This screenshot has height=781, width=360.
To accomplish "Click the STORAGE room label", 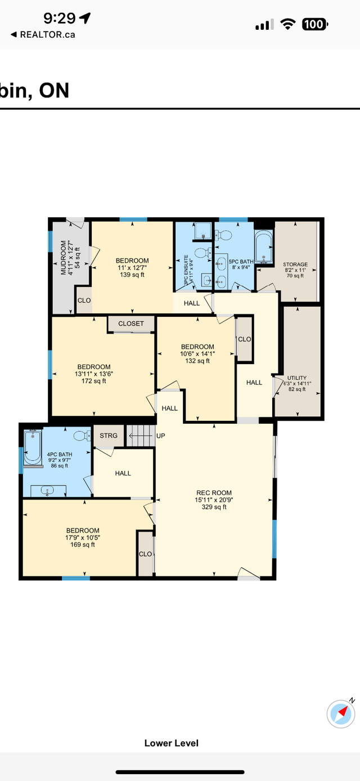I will (295, 264).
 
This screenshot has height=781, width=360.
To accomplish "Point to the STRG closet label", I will (109, 436).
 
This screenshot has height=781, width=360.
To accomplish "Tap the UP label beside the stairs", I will (161, 436).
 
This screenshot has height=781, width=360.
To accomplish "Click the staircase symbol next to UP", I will (140, 436).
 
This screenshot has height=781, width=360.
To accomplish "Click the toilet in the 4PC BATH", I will (82, 435).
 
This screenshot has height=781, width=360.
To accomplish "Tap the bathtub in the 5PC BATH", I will (263, 247).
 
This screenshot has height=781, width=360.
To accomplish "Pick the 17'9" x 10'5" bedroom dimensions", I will (83, 537).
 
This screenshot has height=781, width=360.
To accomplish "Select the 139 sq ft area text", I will (132, 275).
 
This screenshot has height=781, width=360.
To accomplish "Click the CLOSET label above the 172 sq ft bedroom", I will (131, 324).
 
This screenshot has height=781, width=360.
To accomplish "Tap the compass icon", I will (341, 713).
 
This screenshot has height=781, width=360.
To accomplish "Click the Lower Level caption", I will (172, 743).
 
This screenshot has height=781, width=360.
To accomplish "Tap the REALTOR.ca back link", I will (43, 34).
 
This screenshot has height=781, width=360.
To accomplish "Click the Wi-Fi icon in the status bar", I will (289, 24).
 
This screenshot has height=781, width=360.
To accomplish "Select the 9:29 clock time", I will (60, 19).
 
